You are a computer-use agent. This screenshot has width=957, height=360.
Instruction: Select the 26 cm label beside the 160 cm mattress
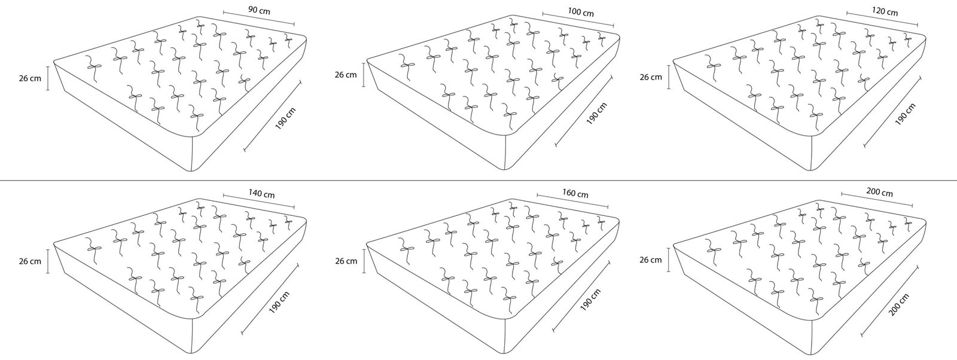click(346, 261)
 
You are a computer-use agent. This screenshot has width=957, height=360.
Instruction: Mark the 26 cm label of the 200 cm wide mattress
click(651, 260)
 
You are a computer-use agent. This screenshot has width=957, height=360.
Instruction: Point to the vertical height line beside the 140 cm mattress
click(48, 261)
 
